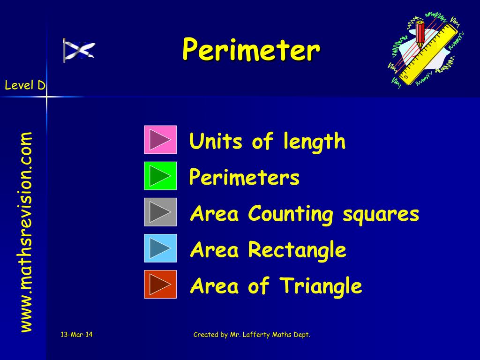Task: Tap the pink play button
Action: (160, 140)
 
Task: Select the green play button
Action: (160, 176)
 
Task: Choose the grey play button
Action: (160, 212)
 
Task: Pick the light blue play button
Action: (160, 248)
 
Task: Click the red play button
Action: (160, 284)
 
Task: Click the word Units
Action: (217, 141)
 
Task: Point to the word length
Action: (314, 141)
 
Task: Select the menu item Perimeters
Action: (244, 178)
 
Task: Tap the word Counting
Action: (291, 214)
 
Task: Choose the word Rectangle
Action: (297, 250)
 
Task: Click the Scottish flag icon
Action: (79, 50)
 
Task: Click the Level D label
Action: (25, 85)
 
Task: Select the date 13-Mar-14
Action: (77, 334)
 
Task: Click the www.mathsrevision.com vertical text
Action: (26, 232)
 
